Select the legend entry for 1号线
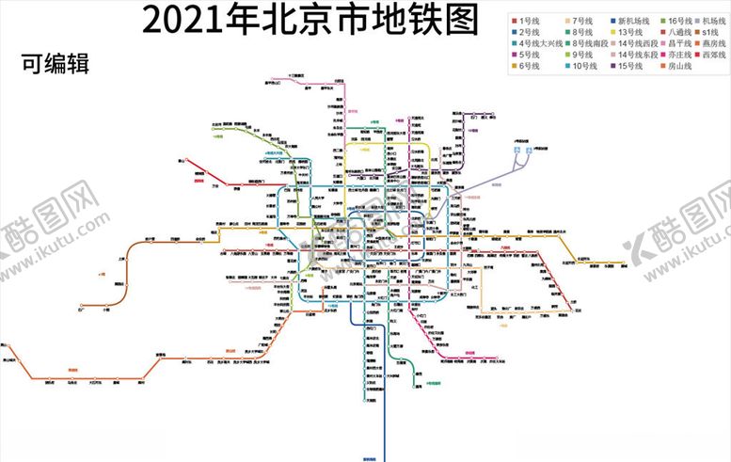tap(527, 20)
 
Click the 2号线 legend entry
tap(527, 32)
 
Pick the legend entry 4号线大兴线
tap(535, 43)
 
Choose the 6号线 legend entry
tap(527, 67)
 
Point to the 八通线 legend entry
tap(677, 32)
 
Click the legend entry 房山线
tap(677, 67)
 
